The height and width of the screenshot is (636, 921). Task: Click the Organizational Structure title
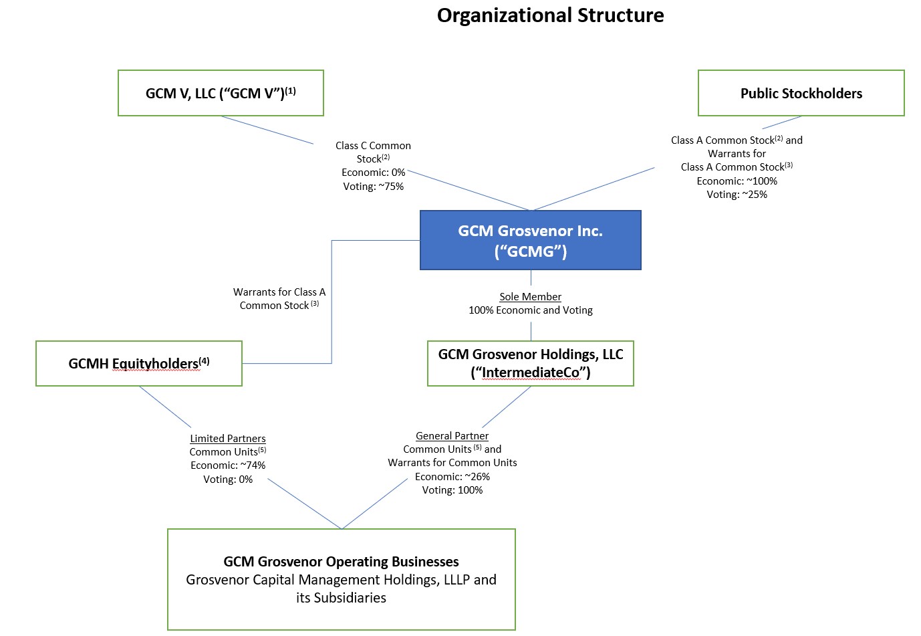[550, 15]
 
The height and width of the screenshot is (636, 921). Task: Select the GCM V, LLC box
[221, 93]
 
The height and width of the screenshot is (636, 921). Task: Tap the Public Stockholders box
[801, 93]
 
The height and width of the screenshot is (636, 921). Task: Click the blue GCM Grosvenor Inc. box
[530, 240]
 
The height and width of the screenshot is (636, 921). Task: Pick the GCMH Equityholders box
[138, 363]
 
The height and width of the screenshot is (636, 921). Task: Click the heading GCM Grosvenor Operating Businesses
[341, 562]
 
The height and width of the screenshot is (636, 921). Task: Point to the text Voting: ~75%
[373, 187]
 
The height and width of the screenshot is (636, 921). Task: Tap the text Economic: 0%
[373, 173]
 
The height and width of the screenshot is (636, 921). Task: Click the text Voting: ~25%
[737, 195]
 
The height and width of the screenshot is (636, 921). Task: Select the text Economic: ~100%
[737, 181]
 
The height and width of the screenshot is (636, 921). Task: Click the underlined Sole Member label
[530, 297]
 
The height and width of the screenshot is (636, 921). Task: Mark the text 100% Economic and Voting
[530, 310]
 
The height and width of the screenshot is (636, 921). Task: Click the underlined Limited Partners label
[227, 439]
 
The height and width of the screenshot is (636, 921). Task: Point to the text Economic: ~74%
[227, 465]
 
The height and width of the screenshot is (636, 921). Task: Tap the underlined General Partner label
[452, 436]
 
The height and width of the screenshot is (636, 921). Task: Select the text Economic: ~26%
[452, 477]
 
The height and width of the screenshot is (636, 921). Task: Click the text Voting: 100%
[452, 490]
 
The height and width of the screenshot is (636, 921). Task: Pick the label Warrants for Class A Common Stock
[279, 299]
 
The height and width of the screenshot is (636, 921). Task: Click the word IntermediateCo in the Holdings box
[531, 373]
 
